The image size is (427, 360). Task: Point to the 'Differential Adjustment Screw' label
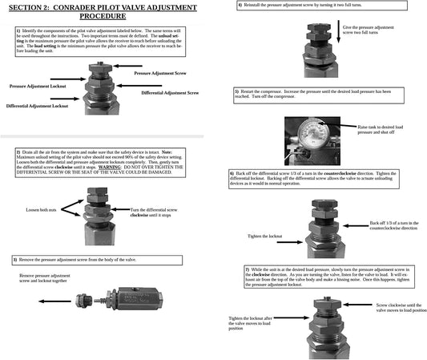pyautogui.click(x=169, y=94)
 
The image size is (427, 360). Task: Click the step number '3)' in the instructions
pyautogui.click(x=16, y=260)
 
